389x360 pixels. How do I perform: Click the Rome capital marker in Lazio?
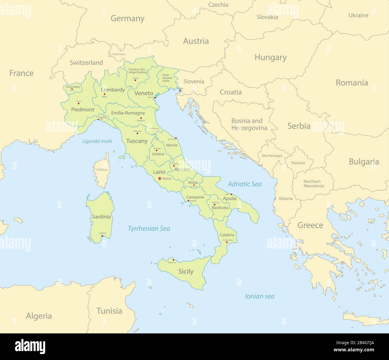pos(159,179)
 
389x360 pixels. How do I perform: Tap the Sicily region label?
pos(186,271)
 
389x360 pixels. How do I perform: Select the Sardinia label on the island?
pos(101,217)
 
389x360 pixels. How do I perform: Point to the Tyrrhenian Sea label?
pos(149,229)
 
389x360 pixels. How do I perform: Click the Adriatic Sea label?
pos(244,184)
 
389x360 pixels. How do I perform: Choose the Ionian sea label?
pos(259,296)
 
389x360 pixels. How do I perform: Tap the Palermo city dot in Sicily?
pos(173,260)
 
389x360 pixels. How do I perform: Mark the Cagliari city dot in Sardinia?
pos(102,236)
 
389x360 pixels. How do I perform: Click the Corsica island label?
pos(102,170)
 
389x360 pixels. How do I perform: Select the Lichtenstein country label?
pos(118,54)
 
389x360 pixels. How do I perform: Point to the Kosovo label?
pos(298,163)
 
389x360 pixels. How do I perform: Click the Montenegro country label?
pos(272,156)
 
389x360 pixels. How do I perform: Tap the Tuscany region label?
pos(137,141)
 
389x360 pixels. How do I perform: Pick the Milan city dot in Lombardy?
pos(104,94)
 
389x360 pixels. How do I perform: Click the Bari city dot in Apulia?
pos(231,194)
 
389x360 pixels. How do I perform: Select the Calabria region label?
pos(227,235)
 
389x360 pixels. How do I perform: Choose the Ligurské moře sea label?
pos(97,141)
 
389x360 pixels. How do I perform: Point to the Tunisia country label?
pos(109,311)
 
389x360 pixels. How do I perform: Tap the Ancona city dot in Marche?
pos(176,138)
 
